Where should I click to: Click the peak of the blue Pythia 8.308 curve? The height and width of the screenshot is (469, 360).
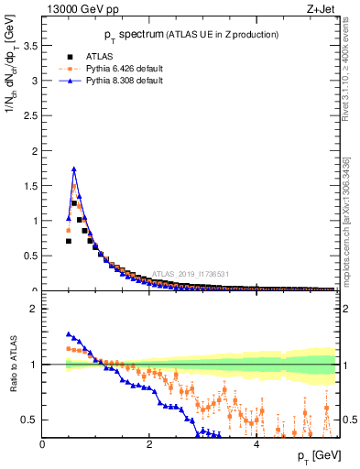coord(74,169)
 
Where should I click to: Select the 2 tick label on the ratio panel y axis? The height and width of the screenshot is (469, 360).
coord(35,310)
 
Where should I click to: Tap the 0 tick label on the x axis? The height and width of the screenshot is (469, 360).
coord(42,444)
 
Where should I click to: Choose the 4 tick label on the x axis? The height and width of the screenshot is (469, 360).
coord(256,444)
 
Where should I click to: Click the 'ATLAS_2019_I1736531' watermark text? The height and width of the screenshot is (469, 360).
coord(193,274)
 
